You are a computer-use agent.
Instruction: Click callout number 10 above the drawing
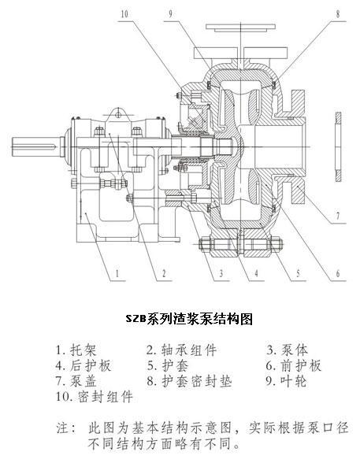(x=124, y=13)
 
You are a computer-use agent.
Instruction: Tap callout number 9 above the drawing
(x=171, y=13)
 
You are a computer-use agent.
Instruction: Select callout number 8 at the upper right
(x=338, y=13)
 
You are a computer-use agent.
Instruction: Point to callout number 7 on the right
(x=338, y=216)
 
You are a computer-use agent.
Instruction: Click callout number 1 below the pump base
(x=117, y=273)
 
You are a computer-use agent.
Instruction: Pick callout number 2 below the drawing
(x=164, y=273)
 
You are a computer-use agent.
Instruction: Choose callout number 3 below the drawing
(x=221, y=273)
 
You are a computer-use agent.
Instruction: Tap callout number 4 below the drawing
(x=256, y=273)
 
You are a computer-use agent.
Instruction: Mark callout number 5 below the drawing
(x=299, y=273)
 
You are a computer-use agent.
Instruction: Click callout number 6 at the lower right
(x=338, y=273)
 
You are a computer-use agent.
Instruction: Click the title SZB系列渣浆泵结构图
(x=189, y=319)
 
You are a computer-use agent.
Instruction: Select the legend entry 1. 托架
(x=76, y=350)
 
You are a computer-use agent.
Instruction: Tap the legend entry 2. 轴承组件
(x=182, y=350)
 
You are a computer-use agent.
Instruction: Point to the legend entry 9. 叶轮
(x=287, y=381)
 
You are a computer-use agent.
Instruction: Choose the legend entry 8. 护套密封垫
(x=189, y=381)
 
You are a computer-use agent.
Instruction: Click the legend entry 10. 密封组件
(x=95, y=396)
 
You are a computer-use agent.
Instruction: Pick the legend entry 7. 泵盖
(x=76, y=381)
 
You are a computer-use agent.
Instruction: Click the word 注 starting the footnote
(x=63, y=428)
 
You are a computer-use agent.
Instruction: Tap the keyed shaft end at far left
(x=36, y=146)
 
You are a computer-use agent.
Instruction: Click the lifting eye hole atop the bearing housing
(x=118, y=114)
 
